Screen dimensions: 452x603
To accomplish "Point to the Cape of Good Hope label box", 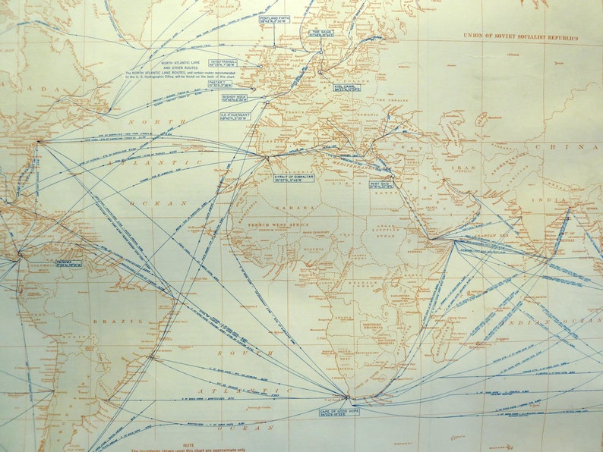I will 339,412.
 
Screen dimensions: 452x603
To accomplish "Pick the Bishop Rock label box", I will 236,98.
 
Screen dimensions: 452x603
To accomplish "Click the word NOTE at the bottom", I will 189,445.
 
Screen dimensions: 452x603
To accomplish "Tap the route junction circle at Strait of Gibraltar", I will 267,158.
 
